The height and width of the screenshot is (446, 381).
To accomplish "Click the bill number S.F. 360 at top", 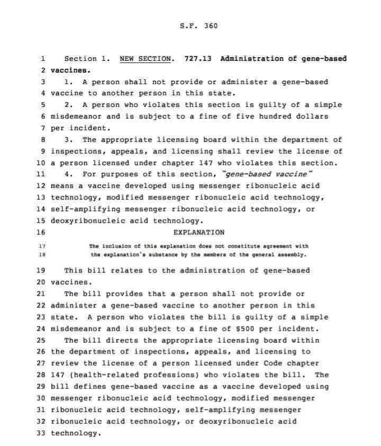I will pyautogui.click(x=198, y=26).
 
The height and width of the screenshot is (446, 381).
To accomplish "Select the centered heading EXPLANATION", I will pyautogui.click(x=198, y=232).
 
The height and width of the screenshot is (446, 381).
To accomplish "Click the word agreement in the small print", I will pyautogui.click(x=279, y=247).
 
